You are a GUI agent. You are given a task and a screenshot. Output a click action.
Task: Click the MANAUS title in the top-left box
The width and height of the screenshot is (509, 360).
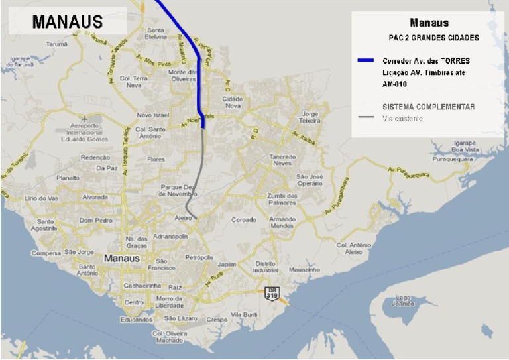pos(68,21)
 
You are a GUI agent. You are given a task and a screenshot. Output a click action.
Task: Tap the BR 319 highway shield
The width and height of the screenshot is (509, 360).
pos(271,292)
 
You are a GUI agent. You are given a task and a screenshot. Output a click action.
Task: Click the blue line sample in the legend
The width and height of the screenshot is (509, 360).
pos(365,61)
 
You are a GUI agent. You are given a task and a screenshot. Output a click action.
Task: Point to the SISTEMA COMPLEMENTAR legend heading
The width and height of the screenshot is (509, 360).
pos(428,107)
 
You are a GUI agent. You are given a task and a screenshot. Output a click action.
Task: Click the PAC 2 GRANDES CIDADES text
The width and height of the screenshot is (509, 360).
pos(433,38)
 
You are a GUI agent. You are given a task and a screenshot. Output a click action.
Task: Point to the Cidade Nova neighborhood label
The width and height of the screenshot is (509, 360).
pos(234,102)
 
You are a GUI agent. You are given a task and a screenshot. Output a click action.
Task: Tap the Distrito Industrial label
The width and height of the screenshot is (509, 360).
pos(266,267)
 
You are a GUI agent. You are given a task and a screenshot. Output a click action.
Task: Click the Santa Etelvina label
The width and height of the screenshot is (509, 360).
pos(156,34)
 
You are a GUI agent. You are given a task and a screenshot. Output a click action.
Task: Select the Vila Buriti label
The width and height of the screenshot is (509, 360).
pos(244,314)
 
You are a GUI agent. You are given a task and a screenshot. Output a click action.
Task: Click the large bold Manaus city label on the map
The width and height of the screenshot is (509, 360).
pos(122,258)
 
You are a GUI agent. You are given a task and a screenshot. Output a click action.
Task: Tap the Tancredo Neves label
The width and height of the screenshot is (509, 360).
pos(282,160)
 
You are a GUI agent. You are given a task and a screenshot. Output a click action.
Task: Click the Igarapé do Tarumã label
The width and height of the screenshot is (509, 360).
pos(20,62)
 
